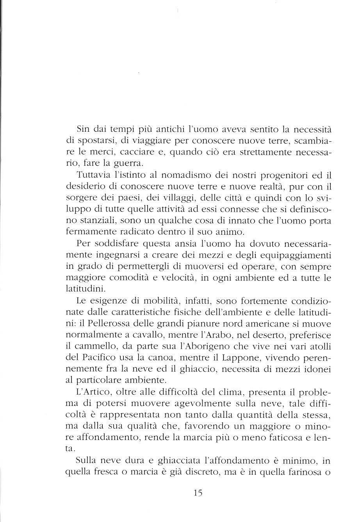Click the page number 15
(198, 493)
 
